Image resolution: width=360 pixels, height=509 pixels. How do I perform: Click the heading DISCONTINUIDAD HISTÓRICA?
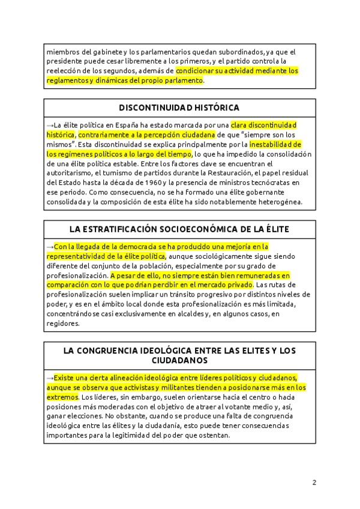point(179,108)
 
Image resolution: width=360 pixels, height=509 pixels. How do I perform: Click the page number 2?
point(314,482)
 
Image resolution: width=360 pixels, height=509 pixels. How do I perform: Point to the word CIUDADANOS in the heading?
point(179,361)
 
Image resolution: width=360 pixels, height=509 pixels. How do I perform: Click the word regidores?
point(62,324)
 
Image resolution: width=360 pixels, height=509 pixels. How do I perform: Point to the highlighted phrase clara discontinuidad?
point(264,125)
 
